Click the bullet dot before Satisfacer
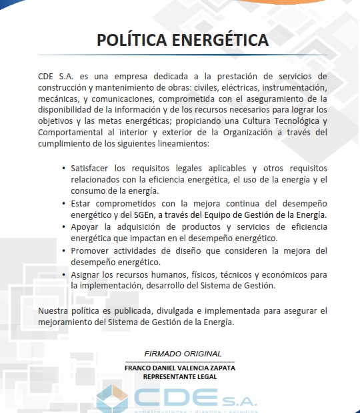[63, 169]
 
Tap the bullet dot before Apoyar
[63, 227]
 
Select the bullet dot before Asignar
[63, 274]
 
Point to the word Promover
[91, 250]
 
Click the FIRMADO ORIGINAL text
[179, 353]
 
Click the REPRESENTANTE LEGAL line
[180, 376]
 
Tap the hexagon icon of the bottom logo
[111, 398]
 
